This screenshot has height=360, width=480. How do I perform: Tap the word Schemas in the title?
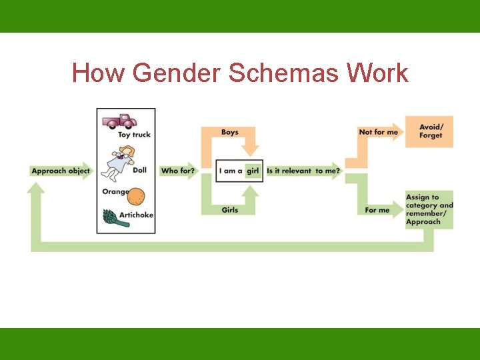pyautogui.click(x=283, y=73)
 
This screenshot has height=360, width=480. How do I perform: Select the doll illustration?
pyautogui.click(x=119, y=163)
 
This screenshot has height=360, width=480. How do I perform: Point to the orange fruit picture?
pyautogui.click(x=136, y=196)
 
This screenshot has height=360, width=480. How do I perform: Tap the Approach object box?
pyautogui.click(x=60, y=171)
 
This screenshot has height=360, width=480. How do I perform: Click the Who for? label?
pyautogui.click(x=177, y=171)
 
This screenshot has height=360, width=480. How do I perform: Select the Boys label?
pyautogui.click(x=230, y=132)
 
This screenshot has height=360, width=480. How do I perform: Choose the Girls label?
pyautogui.click(x=230, y=210)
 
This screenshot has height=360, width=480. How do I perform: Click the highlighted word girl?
pyautogui.click(x=253, y=171)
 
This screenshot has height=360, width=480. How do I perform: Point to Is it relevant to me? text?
pyautogui.click(x=303, y=171)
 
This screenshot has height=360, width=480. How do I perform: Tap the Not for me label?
pyautogui.click(x=378, y=132)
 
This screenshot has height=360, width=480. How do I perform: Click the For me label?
pyautogui.click(x=377, y=210)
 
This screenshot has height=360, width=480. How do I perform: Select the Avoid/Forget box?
pyautogui.click(x=430, y=131)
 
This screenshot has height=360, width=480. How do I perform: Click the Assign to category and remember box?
pyautogui.click(x=429, y=209)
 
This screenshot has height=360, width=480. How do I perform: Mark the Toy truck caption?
pyautogui.click(x=134, y=135)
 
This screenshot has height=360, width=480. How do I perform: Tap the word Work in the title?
pyautogui.click(x=377, y=73)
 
